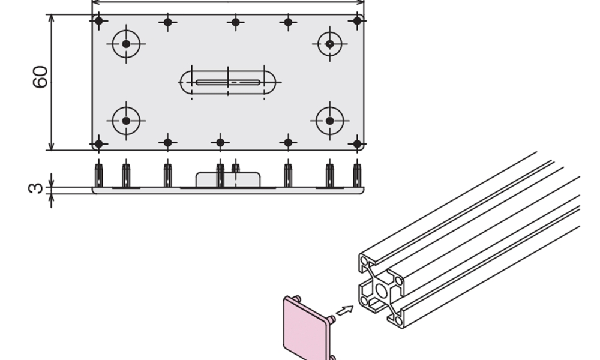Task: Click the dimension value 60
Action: pyautogui.click(x=40, y=77)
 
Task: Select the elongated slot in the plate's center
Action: pyautogui.click(x=227, y=82)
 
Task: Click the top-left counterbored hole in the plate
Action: pyautogui.click(x=126, y=44)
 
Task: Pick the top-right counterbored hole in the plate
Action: pyautogui.click(x=330, y=44)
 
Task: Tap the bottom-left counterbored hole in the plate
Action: pyautogui.click(x=126, y=121)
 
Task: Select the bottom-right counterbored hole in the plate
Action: pyautogui.click(x=330, y=121)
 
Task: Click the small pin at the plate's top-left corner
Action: pyautogui.click(x=99, y=21)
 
